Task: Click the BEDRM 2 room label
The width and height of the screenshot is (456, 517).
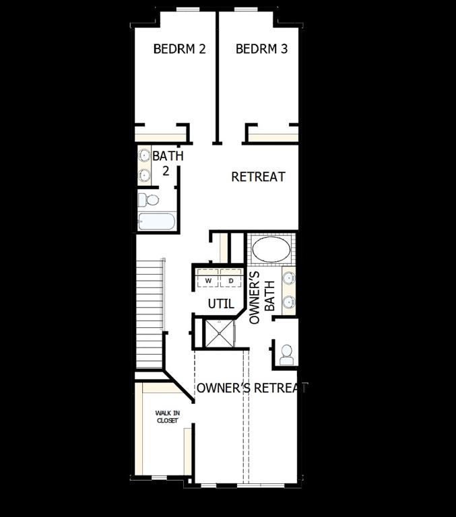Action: [x=179, y=49]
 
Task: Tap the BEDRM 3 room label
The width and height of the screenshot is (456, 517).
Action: [x=262, y=49]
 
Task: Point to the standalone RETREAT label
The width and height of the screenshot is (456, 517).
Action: [x=258, y=177]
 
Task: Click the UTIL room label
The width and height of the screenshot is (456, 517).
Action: [x=220, y=304]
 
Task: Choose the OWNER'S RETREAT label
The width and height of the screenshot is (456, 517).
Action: [x=251, y=388]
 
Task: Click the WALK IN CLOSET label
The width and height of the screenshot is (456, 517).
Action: [x=166, y=417]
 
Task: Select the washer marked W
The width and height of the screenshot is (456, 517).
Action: [x=208, y=280]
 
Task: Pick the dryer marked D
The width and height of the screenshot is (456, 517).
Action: [x=230, y=280]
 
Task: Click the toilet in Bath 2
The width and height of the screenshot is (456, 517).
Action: [x=150, y=200]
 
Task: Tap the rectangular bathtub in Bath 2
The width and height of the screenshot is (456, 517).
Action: [x=156, y=221]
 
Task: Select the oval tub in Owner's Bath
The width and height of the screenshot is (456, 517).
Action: [x=271, y=249]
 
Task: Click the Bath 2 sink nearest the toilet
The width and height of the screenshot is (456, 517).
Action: [x=144, y=176]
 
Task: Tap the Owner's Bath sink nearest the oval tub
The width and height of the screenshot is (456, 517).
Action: [x=288, y=277]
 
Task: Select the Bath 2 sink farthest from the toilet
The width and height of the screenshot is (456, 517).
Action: [x=144, y=156]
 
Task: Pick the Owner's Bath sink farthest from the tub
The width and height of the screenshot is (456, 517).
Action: [x=288, y=301]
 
